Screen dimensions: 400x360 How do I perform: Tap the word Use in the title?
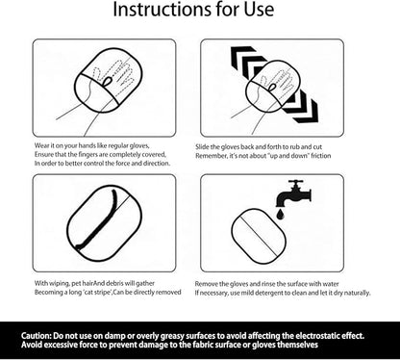[x=259, y=9]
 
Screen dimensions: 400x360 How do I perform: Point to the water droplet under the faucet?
[x=281, y=214]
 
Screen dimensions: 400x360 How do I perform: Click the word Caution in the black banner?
[x=36, y=336]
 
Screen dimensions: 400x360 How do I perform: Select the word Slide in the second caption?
[x=202, y=147]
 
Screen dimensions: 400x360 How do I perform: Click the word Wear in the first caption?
[x=40, y=145]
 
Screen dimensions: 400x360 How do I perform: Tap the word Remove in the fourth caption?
[x=205, y=284]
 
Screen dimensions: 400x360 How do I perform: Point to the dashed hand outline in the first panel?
[x=113, y=79]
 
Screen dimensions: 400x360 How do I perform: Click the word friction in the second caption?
[x=321, y=156]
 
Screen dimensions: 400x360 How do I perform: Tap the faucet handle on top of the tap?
[x=295, y=182]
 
